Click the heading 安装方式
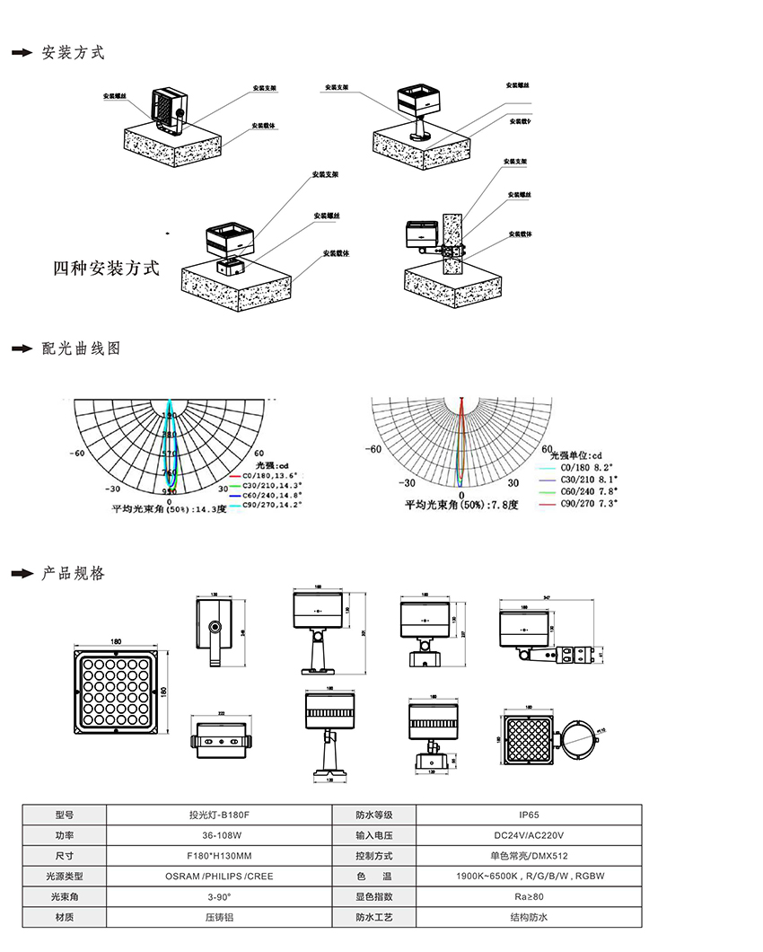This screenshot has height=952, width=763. [74, 52]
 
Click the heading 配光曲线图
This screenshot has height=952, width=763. [81, 348]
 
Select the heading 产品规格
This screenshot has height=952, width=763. [74, 573]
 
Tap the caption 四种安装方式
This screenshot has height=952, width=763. [106, 268]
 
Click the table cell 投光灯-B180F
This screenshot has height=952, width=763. [218, 815]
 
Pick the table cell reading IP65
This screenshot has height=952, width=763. [529, 815]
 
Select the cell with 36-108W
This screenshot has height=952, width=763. [218, 835]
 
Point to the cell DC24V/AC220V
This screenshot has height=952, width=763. [529, 835]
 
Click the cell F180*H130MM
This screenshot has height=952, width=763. [218, 856]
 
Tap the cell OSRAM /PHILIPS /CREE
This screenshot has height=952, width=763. [218, 877]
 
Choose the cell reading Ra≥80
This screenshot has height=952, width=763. [529, 897]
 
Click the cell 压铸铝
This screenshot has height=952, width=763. [218, 917]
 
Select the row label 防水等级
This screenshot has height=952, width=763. [373, 815]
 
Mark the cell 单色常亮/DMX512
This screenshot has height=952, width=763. [529, 856]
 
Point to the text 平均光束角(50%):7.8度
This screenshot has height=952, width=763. [460, 506]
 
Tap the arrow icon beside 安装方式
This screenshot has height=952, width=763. [22, 53]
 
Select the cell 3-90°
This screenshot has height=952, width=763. [218, 897]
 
